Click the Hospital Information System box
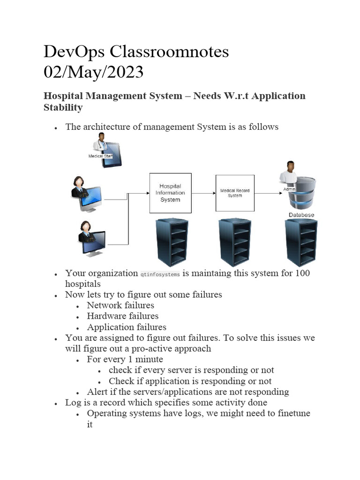170,193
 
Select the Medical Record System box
234,193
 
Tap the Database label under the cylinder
301,215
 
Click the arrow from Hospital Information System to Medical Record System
203,193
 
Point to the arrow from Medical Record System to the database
267,193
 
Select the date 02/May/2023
94,73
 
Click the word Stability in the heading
63,107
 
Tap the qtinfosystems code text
160,274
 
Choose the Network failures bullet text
120,305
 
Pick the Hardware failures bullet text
123,316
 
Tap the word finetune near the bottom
292,413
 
